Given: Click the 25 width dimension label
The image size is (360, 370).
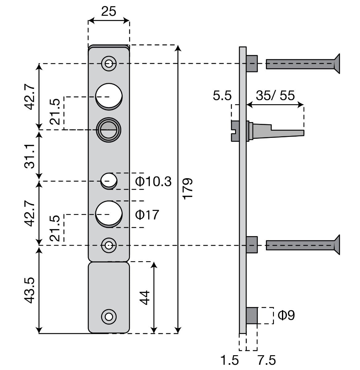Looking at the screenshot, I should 109,11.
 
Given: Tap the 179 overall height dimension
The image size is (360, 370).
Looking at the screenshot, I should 188,188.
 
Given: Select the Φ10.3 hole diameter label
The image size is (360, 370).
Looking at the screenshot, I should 153,181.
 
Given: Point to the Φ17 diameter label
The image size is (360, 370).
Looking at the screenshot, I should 147,215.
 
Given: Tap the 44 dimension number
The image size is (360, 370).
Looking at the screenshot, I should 145,297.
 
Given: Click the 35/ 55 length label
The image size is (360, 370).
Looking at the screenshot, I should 275,96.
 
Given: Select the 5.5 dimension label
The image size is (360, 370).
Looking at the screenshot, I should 222,96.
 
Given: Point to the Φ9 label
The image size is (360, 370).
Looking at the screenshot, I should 286,315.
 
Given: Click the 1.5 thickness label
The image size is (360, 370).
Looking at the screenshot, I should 230,360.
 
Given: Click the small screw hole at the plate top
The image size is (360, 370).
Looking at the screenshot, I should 109,64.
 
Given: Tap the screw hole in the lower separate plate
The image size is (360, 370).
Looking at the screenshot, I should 109,316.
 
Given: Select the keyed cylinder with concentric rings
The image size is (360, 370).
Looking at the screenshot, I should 109,129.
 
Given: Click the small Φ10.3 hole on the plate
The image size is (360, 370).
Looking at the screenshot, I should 109,180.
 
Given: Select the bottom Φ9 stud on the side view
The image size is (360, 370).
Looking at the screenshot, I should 252,315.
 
